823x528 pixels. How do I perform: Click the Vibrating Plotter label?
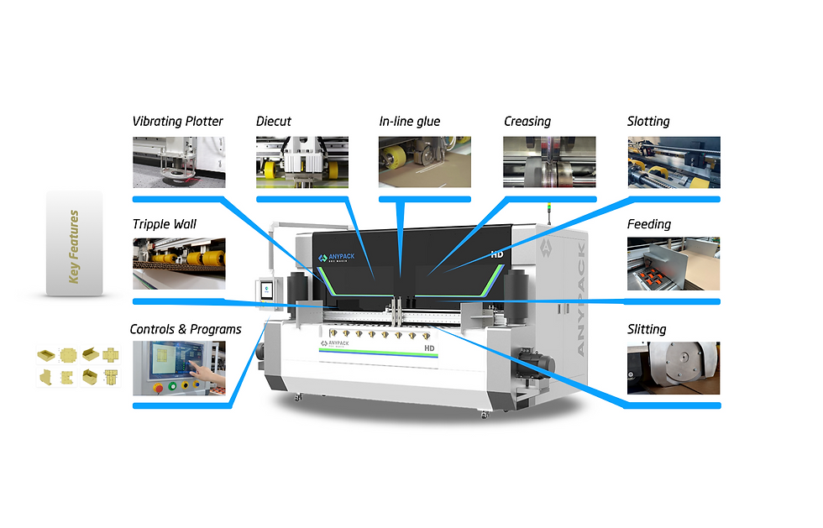178,122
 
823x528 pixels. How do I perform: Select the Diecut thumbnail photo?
301,162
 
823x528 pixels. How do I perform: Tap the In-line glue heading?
410,122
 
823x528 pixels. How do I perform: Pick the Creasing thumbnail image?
549,162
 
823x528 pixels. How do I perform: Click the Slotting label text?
648,122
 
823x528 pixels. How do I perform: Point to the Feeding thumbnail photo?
673,264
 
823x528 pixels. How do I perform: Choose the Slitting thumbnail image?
673,368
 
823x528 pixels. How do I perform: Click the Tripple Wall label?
165,224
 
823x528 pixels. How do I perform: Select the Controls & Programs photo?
179,368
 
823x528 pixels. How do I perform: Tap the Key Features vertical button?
74,244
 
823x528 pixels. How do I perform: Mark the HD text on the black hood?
496,254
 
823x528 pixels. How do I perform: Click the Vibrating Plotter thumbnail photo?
178,162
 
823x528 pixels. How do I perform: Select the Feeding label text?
649,224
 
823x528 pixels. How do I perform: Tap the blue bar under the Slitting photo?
673,405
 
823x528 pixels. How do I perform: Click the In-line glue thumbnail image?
425,162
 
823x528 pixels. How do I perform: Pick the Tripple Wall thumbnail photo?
178,264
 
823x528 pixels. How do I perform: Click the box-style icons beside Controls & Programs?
78,368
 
